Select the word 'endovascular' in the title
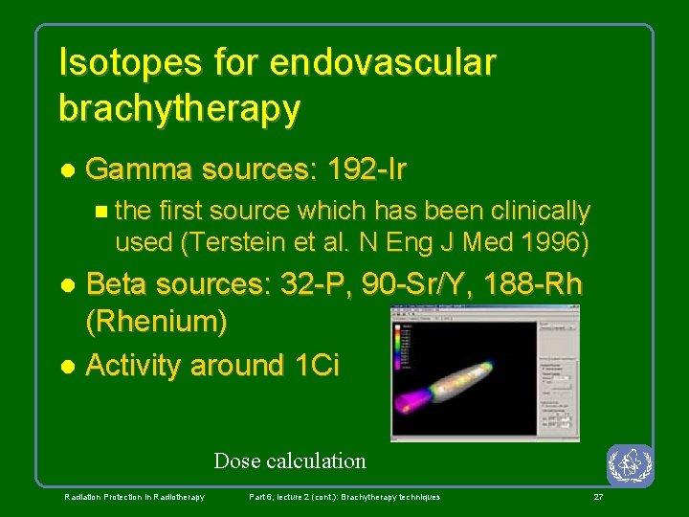(383, 63)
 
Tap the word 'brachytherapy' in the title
(179, 108)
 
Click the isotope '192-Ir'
(367, 170)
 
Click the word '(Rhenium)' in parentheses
(157, 323)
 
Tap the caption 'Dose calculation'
(290, 461)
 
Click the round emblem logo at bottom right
(630, 466)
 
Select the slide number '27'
(598, 497)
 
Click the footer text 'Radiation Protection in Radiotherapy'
(134, 497)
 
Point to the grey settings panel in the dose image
(558, 373)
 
